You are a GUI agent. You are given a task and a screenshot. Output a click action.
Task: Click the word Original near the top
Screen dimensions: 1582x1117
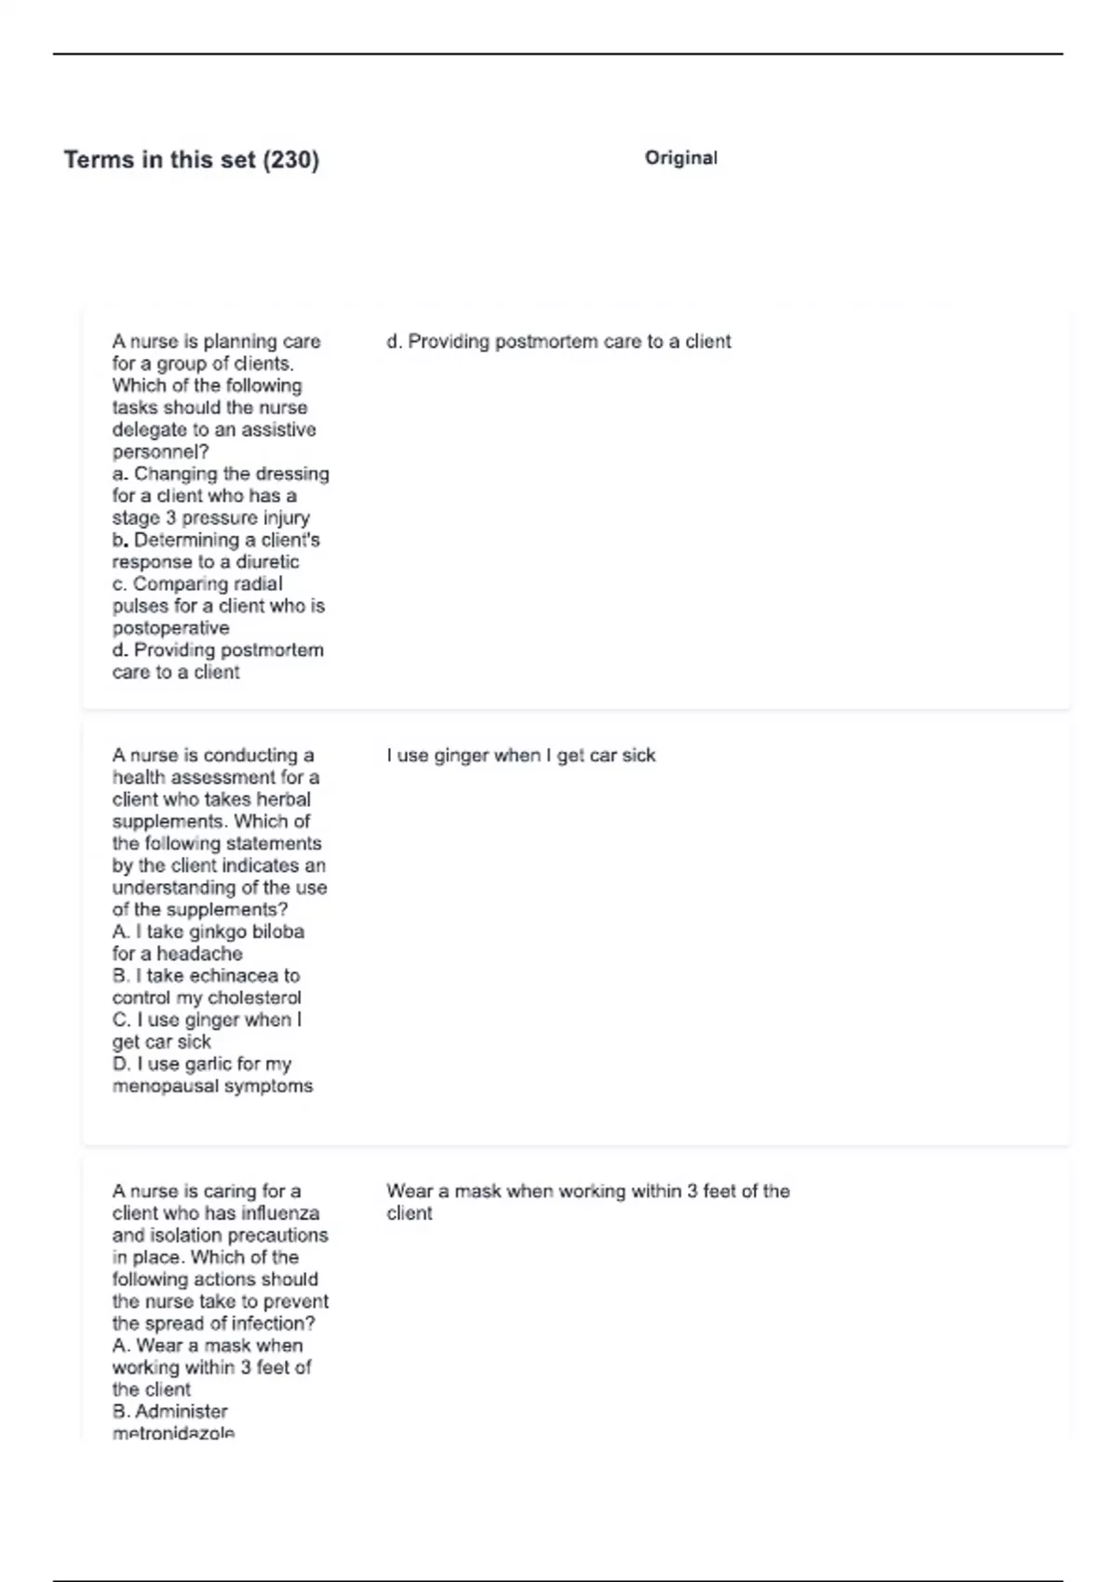click(x=680, y=158)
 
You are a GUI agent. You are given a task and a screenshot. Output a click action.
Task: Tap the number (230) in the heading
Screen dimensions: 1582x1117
click(x=290, y=160)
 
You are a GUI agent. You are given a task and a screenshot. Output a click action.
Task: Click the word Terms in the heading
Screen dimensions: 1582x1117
click(x=99, y=160)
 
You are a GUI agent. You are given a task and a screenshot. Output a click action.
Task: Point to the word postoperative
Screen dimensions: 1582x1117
click(x=170, y=628)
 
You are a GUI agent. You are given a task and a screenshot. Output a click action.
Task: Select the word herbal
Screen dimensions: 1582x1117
click(x=283, y=799)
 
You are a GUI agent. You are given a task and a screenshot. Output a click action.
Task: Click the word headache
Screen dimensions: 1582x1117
click(x=199, y=954)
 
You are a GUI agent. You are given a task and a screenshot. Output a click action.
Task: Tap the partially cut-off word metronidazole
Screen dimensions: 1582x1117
click(x=173, y=1433)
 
